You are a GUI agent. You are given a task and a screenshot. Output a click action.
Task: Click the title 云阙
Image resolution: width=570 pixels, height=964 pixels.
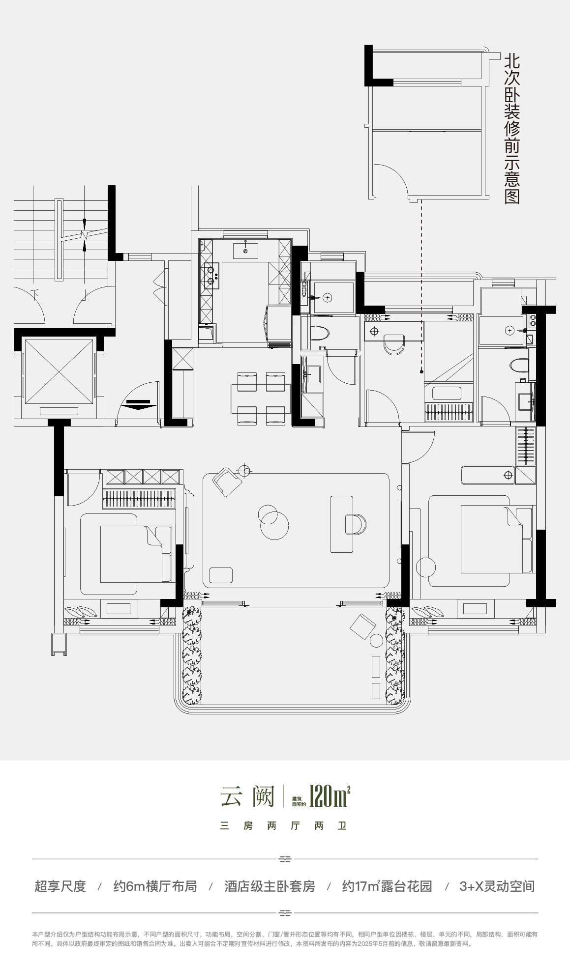click(x=247, y=796)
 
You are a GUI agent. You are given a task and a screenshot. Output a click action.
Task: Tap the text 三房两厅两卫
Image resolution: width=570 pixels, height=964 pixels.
click(x=284, y=826)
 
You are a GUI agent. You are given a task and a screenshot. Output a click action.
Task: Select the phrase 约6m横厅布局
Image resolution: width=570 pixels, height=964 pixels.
click(x=155, y=886)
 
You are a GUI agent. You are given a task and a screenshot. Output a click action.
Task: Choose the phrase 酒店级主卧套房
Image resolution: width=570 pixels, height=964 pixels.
click(x=270, y=886)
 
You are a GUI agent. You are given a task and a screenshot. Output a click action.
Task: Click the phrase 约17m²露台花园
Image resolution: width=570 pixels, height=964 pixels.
click(x=387, y=886)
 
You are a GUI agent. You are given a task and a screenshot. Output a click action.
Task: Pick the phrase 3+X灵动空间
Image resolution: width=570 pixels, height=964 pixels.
click(x=497, y=886)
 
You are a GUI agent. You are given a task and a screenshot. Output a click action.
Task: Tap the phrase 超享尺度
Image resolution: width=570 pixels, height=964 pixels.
click(x=60, y=886)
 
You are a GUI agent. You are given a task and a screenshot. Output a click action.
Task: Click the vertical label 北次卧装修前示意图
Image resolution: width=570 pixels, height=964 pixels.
click(x=512, y=129)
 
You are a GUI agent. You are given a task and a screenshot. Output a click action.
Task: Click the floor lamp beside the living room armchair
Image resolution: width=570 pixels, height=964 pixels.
click(x=244, y=471)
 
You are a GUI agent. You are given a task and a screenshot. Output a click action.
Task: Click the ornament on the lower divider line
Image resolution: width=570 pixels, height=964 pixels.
click(x=285, y=913)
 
